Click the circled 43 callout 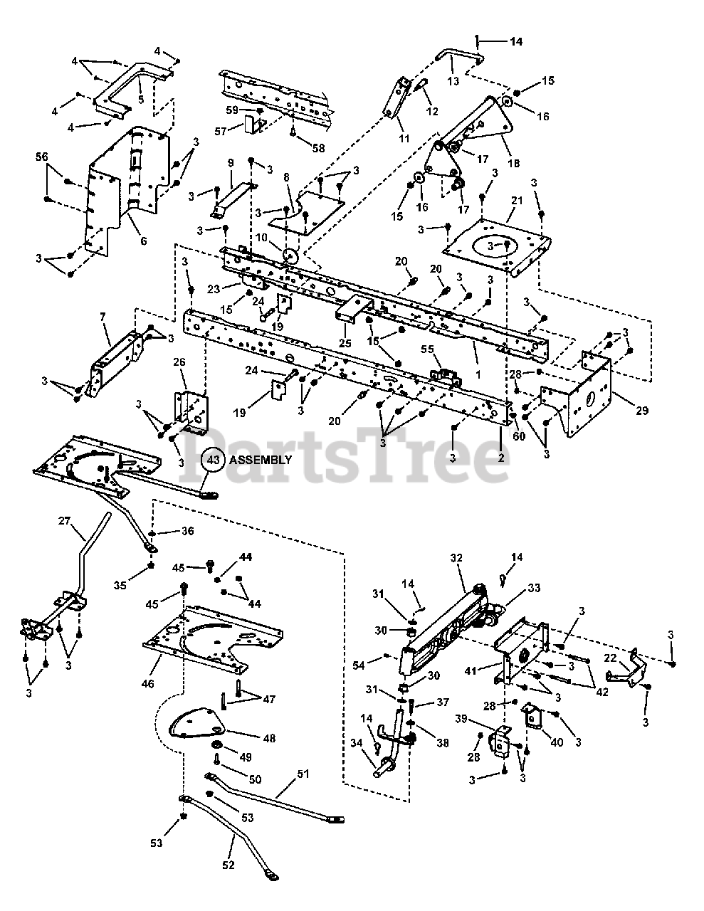tap(213, 460)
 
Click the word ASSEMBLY tap(261, 460)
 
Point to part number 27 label tap(65, 521)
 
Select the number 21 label tap(518, 201)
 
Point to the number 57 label tap(220, 132)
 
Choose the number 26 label tap(179, 363)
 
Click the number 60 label tap(518, 436)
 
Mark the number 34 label tap(356, 744)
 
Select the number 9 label tap(230, 163)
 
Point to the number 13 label tap(453, 81)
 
